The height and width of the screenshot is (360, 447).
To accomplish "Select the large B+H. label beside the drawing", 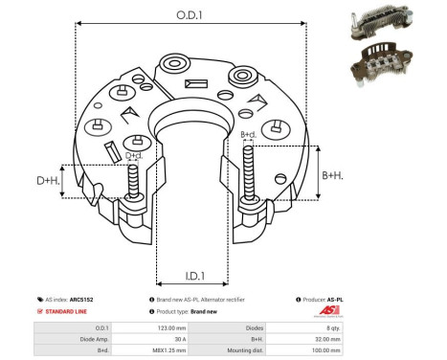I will coord(333,175).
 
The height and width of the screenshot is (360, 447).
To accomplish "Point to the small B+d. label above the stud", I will coord(249,135).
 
